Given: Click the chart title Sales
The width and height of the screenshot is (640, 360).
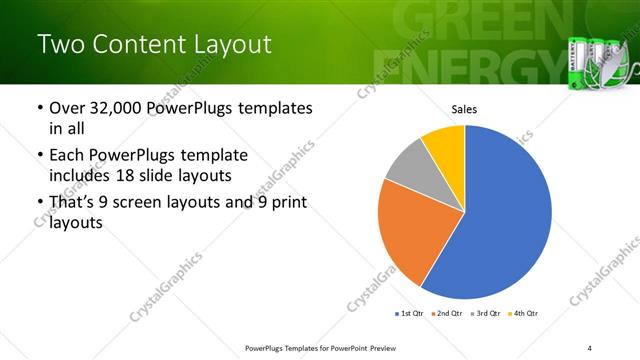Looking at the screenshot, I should coord(465,109).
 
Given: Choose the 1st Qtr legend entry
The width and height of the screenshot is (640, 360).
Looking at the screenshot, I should coord(409,314).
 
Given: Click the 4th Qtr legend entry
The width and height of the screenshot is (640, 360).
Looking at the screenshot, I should coord(525,314).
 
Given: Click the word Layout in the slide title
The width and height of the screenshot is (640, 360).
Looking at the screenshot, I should coord(221,45).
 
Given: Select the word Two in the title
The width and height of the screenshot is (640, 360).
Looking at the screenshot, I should coord(57,45).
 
